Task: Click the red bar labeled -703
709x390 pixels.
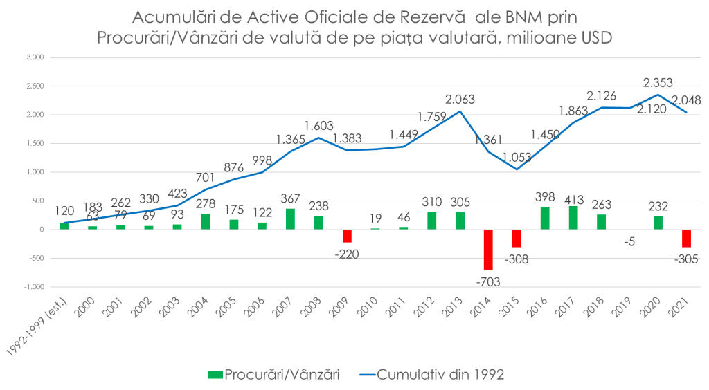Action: click(488, 249)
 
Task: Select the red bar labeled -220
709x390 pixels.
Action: click(347, 236)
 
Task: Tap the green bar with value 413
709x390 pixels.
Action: click(573, 217)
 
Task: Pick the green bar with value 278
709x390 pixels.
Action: click(206, 221)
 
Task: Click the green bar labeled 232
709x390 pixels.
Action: click(658, 222)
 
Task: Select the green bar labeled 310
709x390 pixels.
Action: click(432, 220)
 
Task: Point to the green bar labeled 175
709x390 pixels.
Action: click(234, 223)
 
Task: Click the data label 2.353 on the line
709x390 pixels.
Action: click(658, 82)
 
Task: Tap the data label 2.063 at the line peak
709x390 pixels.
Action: click(459, 99)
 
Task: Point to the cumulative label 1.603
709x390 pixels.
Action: click(318, 126)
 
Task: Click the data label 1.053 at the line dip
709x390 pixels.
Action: click(516, 156)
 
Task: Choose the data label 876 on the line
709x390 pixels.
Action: click(234, 167)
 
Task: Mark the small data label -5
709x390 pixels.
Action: click(629, 242)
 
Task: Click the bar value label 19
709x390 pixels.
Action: click(375, 217)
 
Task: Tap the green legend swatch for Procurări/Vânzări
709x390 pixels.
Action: click(215, 374)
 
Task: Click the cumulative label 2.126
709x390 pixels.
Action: click(601, 96)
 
